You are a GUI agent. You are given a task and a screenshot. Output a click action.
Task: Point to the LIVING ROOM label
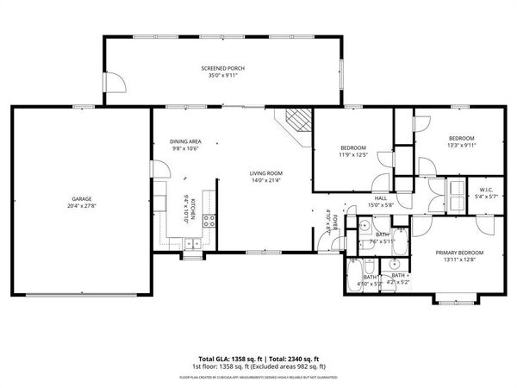coord(266,173)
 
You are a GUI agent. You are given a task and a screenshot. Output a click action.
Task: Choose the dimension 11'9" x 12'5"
coord(352,155)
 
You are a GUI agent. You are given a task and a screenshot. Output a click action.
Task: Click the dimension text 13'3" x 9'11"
coord(461,145)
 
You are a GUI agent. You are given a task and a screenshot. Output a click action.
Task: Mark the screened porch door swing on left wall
coord(115,82)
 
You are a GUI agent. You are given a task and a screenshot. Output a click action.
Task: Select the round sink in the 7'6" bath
coord(364,228)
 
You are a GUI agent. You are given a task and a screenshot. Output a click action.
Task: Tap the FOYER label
coord(328,223)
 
